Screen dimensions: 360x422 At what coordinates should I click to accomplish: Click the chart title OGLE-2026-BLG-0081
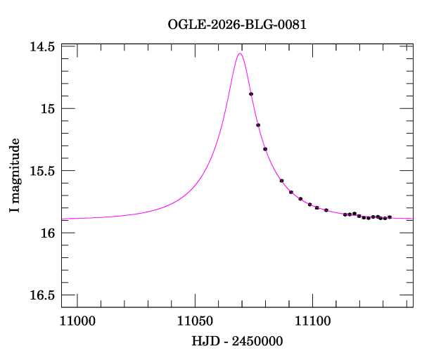click(x=237, y=24)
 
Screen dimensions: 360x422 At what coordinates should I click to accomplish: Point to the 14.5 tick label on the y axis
click(x=42, y=46)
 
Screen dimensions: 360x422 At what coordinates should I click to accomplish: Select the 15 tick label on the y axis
click(x=47, y=108)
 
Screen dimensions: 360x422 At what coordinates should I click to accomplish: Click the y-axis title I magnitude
click(x=15, y=176)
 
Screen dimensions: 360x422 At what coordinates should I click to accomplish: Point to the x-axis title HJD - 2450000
click(x=237, y=342)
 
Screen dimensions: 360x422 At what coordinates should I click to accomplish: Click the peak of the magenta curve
click(x=241, y=53)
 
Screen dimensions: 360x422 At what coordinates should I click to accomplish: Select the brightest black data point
click(x=251, y=94)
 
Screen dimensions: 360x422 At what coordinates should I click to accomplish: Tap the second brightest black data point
click(x=258, y=125)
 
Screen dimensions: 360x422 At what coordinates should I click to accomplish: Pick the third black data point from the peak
click(x=265, y=149)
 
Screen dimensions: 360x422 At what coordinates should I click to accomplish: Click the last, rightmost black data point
click(x=390, y=217)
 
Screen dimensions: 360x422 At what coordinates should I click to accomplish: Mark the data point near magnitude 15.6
click(x=281, y=181)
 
